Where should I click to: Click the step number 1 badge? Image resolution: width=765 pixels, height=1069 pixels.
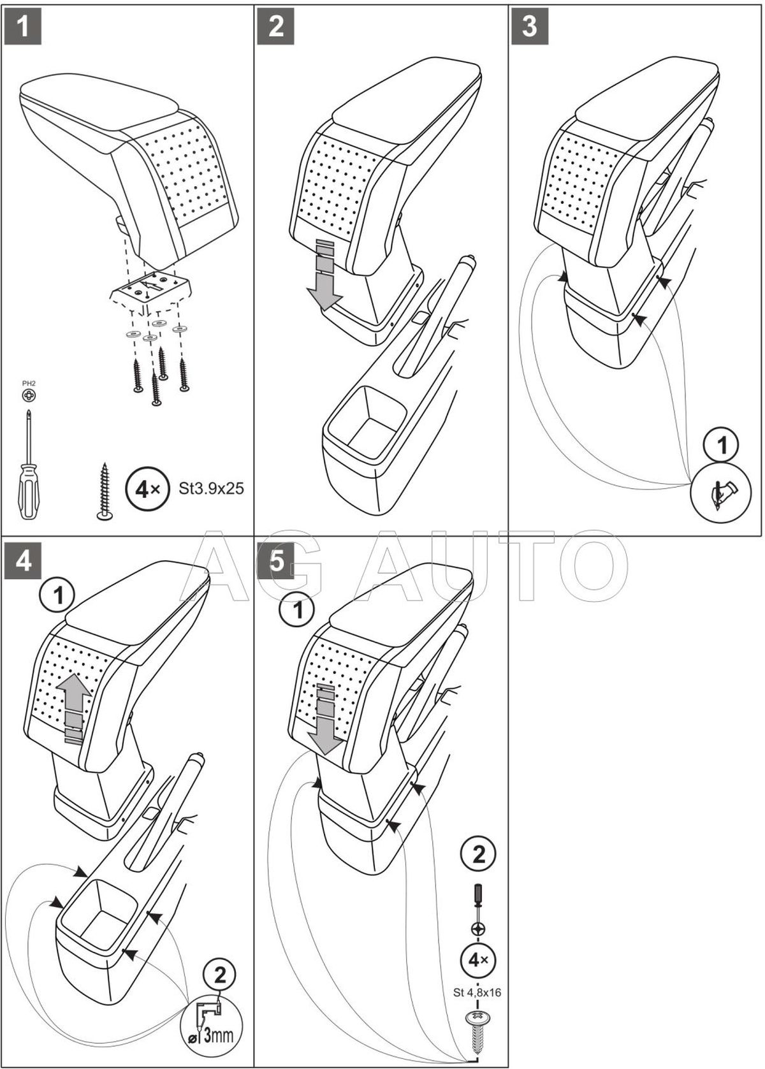point(23,27)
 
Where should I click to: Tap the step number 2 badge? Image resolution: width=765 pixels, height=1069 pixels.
point(277,27)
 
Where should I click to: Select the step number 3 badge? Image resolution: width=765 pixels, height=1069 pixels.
point(530,27)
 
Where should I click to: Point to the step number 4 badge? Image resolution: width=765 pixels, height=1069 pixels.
point(23,563)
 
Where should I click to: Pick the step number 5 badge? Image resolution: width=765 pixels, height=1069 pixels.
point(277,563)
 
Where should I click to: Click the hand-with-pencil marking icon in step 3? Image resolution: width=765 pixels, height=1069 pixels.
point(722,493)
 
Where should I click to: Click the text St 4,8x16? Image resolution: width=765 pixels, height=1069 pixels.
point(478,992)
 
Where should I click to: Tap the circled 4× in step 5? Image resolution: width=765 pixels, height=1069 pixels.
point(478,959)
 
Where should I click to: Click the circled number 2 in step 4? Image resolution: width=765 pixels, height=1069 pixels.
point(219,975)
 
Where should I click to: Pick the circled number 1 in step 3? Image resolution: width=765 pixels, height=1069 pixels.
point(722,446)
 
